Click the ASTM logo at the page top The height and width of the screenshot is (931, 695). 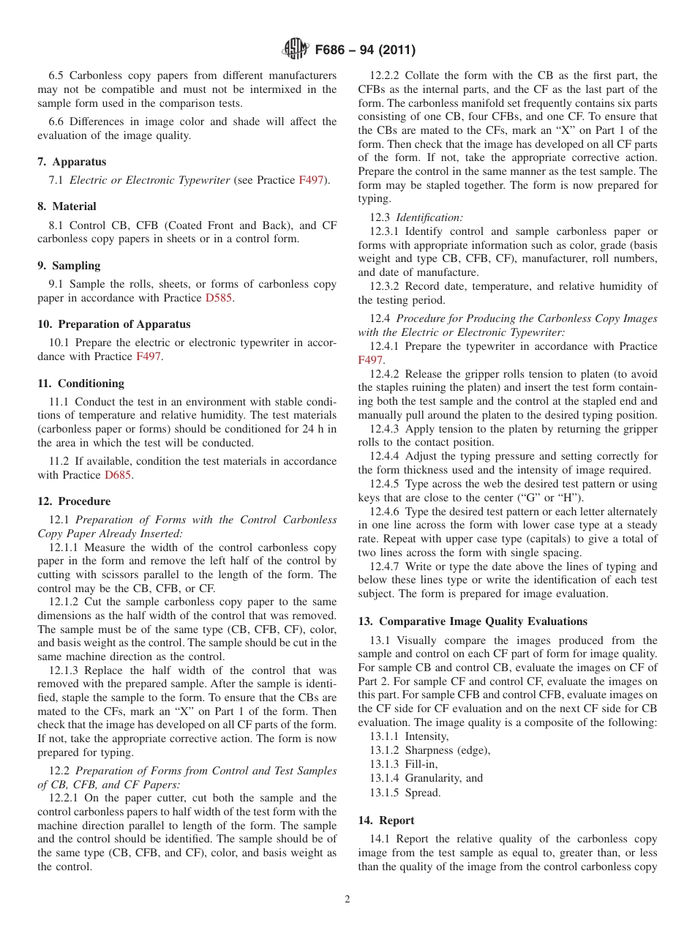coord(295,51)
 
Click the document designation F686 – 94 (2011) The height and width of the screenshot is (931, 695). coord(364,51)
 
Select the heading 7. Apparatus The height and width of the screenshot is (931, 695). coord(72,162)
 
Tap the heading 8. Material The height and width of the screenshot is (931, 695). coord(67,206)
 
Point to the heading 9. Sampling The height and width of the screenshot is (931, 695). coord(69,265)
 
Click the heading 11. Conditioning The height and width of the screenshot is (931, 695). coord(80,383)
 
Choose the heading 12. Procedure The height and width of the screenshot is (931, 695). coord(74,501)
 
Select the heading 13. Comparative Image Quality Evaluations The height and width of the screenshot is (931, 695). coord(473,621)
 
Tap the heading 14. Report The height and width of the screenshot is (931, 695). coord(386,820)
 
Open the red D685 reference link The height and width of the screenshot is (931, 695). coord(119,475)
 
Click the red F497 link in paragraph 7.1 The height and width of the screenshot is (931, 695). coord(311,180)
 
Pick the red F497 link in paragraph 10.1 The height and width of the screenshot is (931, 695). coord(149,356)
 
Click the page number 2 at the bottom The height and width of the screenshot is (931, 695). coord(347,900)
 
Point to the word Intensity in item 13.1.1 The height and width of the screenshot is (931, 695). coord(427,736)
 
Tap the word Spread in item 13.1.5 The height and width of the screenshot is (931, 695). coord(423,792)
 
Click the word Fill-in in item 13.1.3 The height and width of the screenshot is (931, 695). coord(421,764)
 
